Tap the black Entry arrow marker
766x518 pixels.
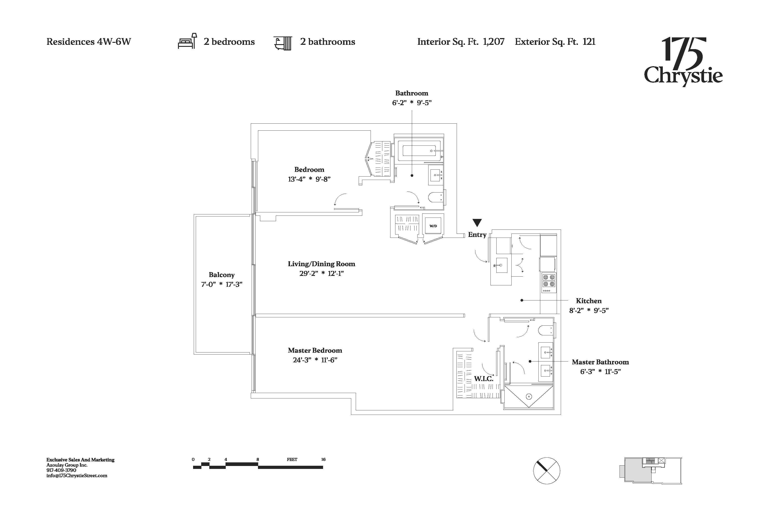coord(477,223)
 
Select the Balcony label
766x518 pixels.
coord(221,275)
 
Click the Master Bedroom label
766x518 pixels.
coord(315,350)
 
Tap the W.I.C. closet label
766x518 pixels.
coord(483,379)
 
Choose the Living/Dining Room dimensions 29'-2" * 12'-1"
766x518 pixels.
coord(321,273)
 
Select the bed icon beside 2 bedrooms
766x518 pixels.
coord(187,41)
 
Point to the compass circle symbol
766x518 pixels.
coord(547,470)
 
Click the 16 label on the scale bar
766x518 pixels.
coord(323,459)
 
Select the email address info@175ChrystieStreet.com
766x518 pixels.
coord(77,475)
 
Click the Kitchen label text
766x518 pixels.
coord(589,301)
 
